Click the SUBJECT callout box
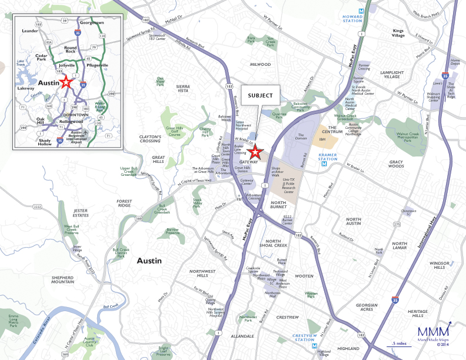tap(260, 95)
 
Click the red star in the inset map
tap(65, 84)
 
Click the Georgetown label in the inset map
tap(92, 22)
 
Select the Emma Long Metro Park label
tap(13, 321)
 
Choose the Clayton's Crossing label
tap(150, 139)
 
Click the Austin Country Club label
tap(89, 341)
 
